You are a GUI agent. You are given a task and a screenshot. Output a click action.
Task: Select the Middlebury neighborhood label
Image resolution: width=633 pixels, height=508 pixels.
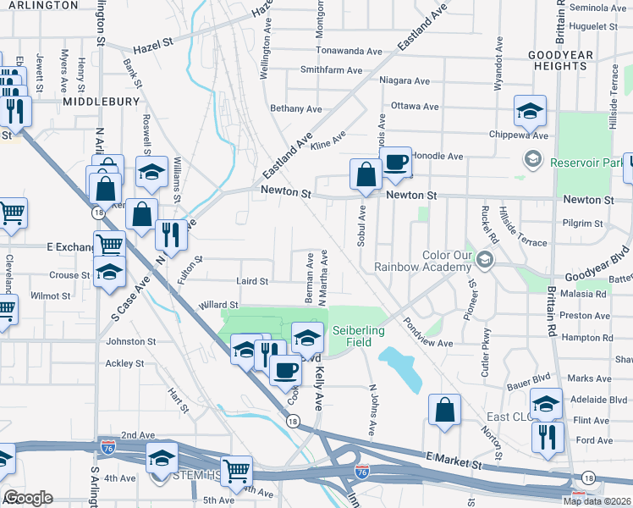point(100,101)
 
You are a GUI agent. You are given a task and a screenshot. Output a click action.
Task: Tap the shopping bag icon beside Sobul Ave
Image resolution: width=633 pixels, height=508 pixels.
point(366,175)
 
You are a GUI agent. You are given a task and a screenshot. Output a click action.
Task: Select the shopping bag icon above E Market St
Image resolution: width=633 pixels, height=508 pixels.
point(444,411)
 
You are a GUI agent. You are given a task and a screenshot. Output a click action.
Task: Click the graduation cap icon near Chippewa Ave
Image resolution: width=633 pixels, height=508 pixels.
point(530,110)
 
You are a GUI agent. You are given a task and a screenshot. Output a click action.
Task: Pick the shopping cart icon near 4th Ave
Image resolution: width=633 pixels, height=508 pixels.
point(237,471)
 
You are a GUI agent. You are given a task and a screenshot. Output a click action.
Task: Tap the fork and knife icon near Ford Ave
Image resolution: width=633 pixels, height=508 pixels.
point(547,437)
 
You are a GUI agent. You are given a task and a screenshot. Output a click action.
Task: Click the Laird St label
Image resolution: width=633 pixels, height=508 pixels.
point(252,281)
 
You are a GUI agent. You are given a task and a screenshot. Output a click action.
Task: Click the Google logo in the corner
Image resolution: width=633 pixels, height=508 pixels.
point(29,498)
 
